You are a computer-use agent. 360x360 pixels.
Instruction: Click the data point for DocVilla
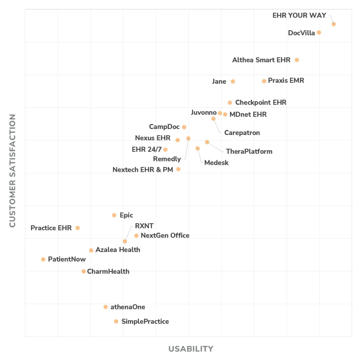pyautogui.click(x=319, y=32)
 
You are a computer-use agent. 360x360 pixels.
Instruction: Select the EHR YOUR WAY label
pyautogui.click(x=299, y=15)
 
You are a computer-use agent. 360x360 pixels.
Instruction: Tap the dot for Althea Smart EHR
pyautogui.click(x=297, y=60)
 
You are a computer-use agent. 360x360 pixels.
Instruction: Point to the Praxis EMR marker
pyautogui.click(x=264, y=81)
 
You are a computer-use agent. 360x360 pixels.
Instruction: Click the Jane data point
pyautogui.click(x=233, y=82)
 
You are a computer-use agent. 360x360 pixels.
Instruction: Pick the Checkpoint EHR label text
pyautogui.click(x=261, y=103)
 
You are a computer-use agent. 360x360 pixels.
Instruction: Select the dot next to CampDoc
pyautogui.click(x=184, y=127)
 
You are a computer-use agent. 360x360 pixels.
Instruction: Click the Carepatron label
pyautogui.click(x=242, y=133)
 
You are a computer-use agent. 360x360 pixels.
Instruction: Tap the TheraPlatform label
pyautogui.click(x=249, y=152)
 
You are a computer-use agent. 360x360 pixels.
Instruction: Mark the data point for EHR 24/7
pyautogui.click(x=166, y=150)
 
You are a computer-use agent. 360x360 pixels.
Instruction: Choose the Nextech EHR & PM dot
pyautogui.click(x=179, y=169)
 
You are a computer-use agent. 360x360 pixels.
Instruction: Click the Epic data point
pyautogui.click(x=114, y=215)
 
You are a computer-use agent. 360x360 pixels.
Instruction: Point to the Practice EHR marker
pyautogui.click(x=78, y=228)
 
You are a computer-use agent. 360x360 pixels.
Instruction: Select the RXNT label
pyautogui.click(x=144, y=226)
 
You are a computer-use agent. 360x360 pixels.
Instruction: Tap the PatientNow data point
pyautogui.click(x=43, y=259)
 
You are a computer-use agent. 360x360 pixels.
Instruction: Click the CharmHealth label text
pyautogui.click(x=108, y=271)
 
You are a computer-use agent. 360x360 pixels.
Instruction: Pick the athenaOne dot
pyautogui.click(x=105, y=307)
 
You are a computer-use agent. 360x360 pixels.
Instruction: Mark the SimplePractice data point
pyautogui.click(x=116, y=321)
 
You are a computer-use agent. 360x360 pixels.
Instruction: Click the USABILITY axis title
pyautogui.click(x=191, y=349)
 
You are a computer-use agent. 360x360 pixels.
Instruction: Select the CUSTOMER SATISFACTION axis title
pyautogui.click(x=13, y=171)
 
